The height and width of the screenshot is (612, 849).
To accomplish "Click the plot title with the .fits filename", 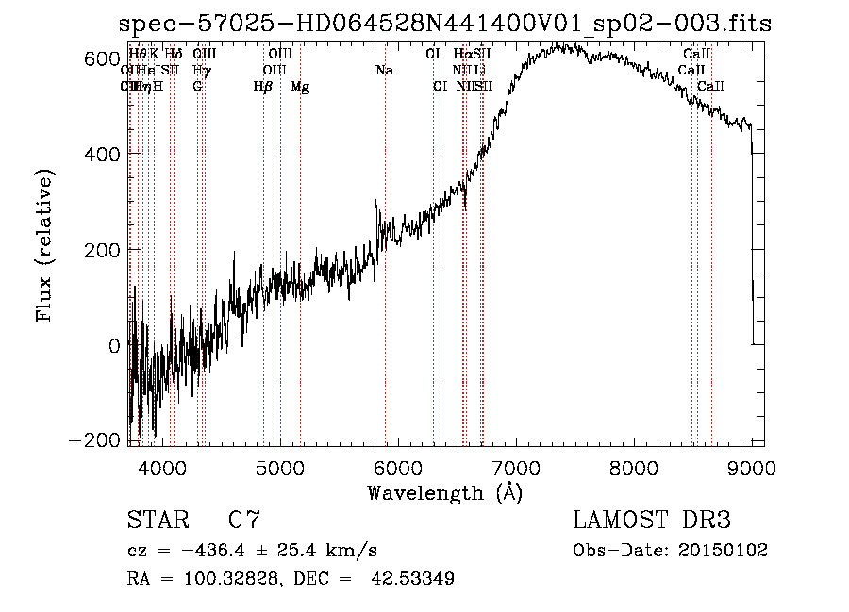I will [x=446, y=24].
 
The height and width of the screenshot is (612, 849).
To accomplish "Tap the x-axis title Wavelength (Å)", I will [x=444, y=492].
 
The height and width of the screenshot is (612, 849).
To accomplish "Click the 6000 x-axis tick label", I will [x=398, y=468].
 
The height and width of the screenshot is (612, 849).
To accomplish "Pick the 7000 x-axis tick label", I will [x=516, y=468].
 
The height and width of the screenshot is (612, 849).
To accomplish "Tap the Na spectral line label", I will [x=384, y=71].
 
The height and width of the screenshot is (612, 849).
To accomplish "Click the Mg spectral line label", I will [x=299, y=87].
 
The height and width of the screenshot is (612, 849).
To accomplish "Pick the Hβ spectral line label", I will [x=263, y=87].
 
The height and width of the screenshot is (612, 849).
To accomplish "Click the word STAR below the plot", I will [x=156, y=520].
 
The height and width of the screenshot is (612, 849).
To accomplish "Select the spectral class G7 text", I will [x=243, y=520].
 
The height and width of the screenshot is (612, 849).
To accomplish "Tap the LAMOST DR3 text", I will [x=651, y=520].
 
